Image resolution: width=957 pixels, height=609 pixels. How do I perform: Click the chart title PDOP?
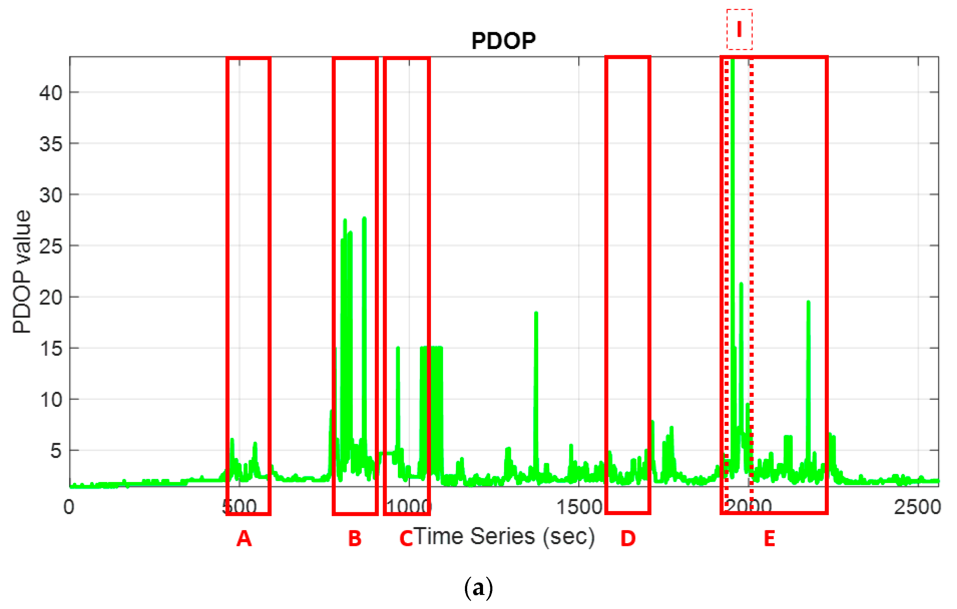coord(503,41)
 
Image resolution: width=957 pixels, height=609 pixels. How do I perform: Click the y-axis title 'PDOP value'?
coord(22,271)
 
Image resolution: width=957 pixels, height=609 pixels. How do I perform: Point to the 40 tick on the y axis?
coord(51,93)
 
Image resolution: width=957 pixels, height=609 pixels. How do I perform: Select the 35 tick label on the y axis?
coord(51,144)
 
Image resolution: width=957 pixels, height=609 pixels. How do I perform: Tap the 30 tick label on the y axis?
coord(51,195)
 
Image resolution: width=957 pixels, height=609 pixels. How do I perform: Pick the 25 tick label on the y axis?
coord(51,246)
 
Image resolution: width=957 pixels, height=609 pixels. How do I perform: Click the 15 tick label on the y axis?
coord(51,348)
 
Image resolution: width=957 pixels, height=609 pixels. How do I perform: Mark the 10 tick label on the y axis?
coord(51,400)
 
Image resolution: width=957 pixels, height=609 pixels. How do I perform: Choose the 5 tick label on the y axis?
coord(56,451)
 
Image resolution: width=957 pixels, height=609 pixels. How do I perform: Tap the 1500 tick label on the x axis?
coord(579,507)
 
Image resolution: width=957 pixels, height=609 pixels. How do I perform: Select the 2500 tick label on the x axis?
coord(917,507)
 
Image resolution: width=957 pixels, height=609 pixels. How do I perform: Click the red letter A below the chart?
coord(244,538)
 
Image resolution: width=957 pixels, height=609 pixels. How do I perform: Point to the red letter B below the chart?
coord(355,538)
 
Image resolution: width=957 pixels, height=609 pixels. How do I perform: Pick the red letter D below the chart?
coord(628,538)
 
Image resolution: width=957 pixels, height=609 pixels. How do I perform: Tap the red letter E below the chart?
coord(769,538)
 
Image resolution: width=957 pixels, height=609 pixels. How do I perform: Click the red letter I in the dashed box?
coord(739,29)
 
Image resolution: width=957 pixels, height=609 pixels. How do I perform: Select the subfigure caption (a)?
coord(478,587)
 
